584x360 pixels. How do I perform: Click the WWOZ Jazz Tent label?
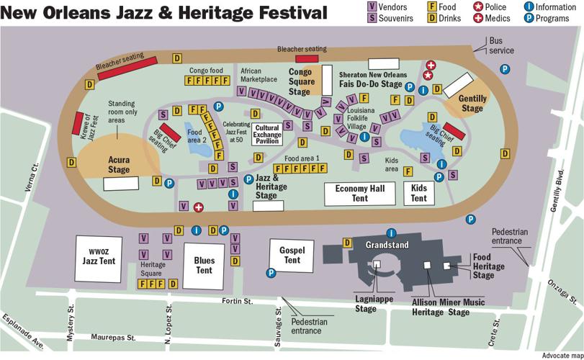click(99, 256)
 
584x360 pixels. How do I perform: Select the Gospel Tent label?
click(292, 255)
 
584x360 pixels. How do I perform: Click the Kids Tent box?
click(419, 193)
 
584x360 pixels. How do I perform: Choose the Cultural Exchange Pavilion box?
click(266, 135)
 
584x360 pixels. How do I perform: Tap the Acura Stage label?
click(114, 165)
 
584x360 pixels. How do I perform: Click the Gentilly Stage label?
click(472, 103)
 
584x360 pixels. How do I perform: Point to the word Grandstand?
click(387, 245)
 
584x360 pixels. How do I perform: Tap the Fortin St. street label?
click(237, 301)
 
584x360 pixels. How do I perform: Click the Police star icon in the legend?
click(477, 6)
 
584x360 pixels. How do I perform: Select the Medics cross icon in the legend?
click(477, 18)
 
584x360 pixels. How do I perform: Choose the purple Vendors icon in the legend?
click(372, 6)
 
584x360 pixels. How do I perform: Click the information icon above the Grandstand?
click(392, 233)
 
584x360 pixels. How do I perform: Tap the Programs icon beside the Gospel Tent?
click(271, 273)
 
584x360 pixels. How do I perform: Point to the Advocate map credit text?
click(561, 355)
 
